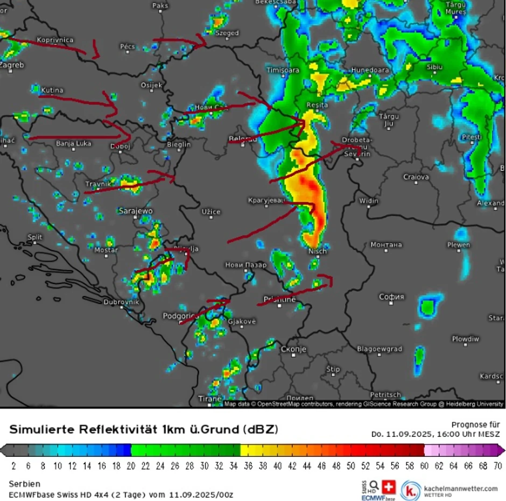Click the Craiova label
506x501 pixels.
tap(416, 177)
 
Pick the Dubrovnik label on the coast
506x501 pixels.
tap(121, 302)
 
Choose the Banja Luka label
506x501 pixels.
tap(74, 144)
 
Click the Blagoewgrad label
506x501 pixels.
tap(379, 349)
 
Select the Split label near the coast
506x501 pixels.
tap(35, 237)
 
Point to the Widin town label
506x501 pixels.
tap(369, 201)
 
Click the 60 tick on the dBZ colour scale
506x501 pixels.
tap(425, 465)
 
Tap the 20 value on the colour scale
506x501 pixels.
tap(131, 465)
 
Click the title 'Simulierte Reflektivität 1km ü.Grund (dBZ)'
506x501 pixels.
tap(144, 429)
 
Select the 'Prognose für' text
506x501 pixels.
tap(475, 424)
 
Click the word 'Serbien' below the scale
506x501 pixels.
tap(24, 484)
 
